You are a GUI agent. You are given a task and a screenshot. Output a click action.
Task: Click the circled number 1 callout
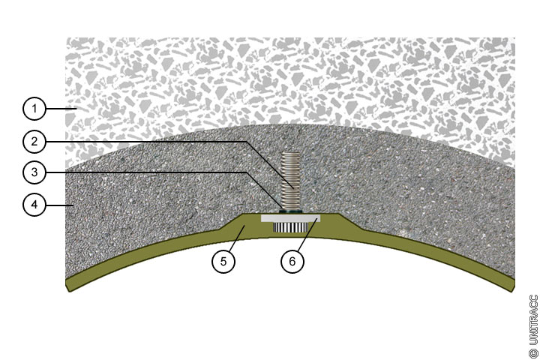[33, 109]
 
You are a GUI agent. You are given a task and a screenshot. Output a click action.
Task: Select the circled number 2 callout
[33, 140]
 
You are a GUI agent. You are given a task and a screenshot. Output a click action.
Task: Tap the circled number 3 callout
[33, 172]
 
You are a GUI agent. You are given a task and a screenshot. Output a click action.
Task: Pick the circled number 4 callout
[33, 204]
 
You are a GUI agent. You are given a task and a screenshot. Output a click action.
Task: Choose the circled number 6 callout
[292, 262]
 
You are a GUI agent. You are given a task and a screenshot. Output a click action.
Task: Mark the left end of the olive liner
[69, 284]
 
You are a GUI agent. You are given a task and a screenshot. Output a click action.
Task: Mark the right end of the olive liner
[512, 283]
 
